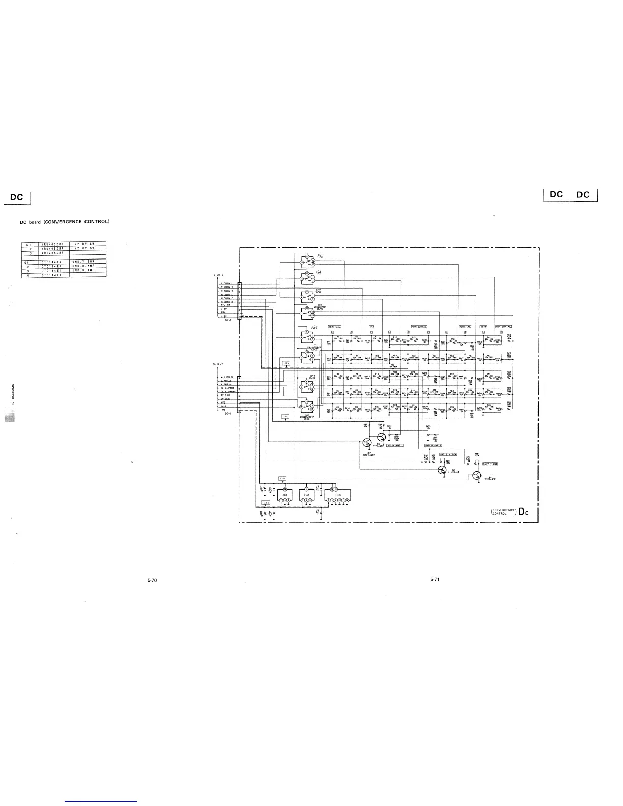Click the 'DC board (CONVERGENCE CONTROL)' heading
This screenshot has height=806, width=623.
(x=65, y=222)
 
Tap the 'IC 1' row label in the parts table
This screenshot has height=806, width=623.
(x=28, y=245)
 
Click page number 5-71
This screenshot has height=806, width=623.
(x=434, y=579)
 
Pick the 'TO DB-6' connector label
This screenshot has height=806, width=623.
(x=218, y=275)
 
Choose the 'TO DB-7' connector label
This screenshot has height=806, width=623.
(x=218, y=364)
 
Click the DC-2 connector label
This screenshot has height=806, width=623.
(x=228, y=321)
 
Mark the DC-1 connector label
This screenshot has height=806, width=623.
(x=228, y=414)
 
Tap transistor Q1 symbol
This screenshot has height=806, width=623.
(x=442, y=470)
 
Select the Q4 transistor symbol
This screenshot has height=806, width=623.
(x=476, y=475)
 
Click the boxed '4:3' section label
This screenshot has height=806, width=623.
(x=371, y=326)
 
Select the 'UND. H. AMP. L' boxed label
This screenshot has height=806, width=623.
(x=395, y=445)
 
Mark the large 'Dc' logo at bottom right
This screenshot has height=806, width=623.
(x=525, y=512)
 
